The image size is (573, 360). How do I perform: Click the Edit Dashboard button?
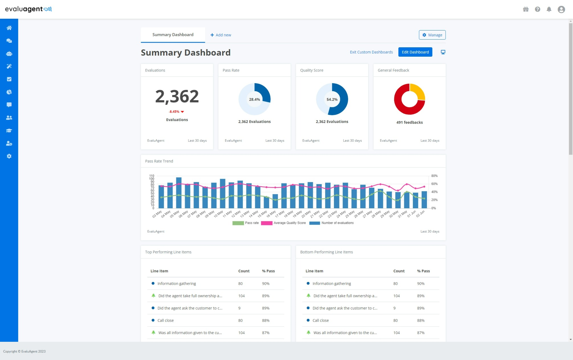click(x=415, y=52)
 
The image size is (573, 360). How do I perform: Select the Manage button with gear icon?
click(x=432, y=35)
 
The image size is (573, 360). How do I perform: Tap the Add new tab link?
click(x=221, y=35)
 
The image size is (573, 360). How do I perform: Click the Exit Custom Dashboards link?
click(x=371, y=52)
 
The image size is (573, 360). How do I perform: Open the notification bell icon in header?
click(x=549, y=9)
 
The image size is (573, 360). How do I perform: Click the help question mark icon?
click(x=537, y=9)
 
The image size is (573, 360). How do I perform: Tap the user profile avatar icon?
click(x=561, y=9)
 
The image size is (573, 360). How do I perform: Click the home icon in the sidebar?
click(x=9, y=28)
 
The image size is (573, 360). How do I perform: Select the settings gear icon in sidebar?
click(x=9, y=156)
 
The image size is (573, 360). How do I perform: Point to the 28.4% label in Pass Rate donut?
click(x=254, y=99)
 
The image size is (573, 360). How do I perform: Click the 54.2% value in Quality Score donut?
click(x=332, y=99)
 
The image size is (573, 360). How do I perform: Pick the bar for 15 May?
click(x=266, y=202)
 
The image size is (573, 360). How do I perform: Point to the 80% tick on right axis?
click(x=434, y=176)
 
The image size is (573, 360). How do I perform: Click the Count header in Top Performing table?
click(x=244, y=271)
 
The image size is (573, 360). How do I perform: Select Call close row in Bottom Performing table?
click(x=320, y=320)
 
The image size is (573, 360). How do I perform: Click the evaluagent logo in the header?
click(x=28, y=9)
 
